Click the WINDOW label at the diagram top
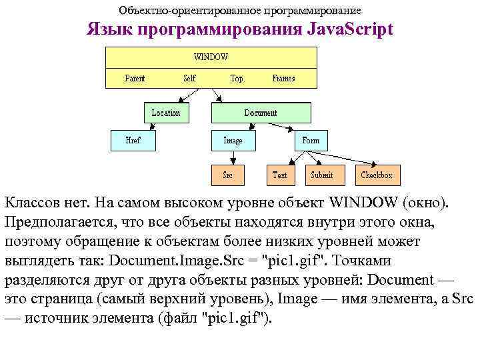click(x=211, y=57)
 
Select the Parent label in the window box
click(x=135, y=78)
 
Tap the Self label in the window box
click(x=190, y=78)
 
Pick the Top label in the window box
click(x=237, y=78)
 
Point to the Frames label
click(x=283, y=78)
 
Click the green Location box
click(x=166, y=113)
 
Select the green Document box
click(x=261, y=113)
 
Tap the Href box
click(x=133, y=141)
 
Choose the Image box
click(x=233, y=141)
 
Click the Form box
click(x=311, y=141)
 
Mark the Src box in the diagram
click(x=227, y=175)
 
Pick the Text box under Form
click(x=280, y=175)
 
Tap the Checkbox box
click(x=377, y=175)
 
